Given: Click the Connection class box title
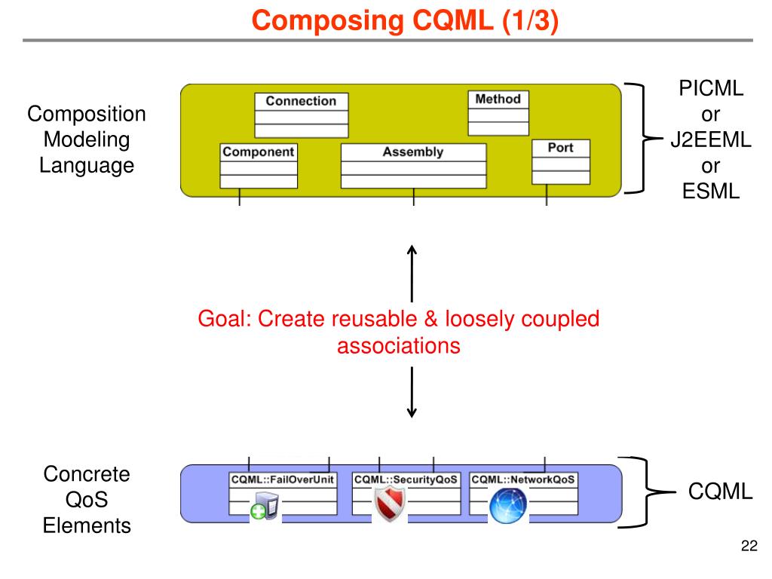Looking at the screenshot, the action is [301, 101].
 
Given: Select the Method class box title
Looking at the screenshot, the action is [498, 99].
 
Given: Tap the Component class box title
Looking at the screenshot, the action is [258, 152].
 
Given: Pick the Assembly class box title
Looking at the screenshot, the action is [413, 152].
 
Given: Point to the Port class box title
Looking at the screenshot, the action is [560, 147].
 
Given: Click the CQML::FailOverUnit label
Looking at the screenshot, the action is [283, 479].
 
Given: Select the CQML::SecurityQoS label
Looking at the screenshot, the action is [406, 479].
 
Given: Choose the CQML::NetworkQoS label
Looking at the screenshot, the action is [523, 479].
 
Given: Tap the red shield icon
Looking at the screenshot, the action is [390, 503].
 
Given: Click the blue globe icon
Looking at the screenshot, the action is [508, 506].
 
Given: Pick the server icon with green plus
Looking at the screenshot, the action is [265, 506].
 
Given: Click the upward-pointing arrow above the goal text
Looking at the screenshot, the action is [412, 274].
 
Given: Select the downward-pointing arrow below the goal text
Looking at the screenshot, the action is [412, 392].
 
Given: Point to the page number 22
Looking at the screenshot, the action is [749, 546].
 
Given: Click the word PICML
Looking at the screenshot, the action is [711, 89].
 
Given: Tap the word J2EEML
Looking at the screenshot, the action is [711, 139].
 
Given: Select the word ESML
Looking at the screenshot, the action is [711, 191].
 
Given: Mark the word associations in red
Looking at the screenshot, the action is [399, 345].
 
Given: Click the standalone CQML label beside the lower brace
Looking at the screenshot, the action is [720, 492].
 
